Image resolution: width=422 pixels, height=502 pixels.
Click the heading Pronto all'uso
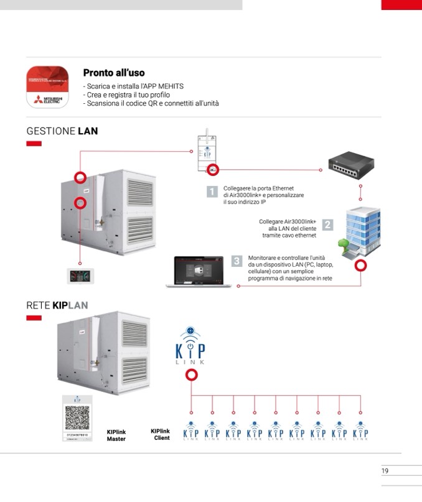tap(114, 73)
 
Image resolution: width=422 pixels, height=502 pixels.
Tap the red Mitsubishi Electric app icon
tap(47, 87)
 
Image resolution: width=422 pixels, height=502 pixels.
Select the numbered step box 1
tap(212, 192)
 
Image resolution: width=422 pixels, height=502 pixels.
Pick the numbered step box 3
tap(237, 261)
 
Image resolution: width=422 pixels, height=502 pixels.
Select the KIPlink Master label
tap(116, 435)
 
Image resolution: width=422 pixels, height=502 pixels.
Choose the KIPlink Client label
tap(160, 434)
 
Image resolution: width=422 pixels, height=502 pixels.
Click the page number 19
tap(385, 471)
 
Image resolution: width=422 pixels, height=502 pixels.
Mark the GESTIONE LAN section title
tap(62, 131)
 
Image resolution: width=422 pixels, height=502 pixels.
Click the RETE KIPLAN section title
tap(57, 305)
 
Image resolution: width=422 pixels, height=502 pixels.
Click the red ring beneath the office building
tap(360, 266)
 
